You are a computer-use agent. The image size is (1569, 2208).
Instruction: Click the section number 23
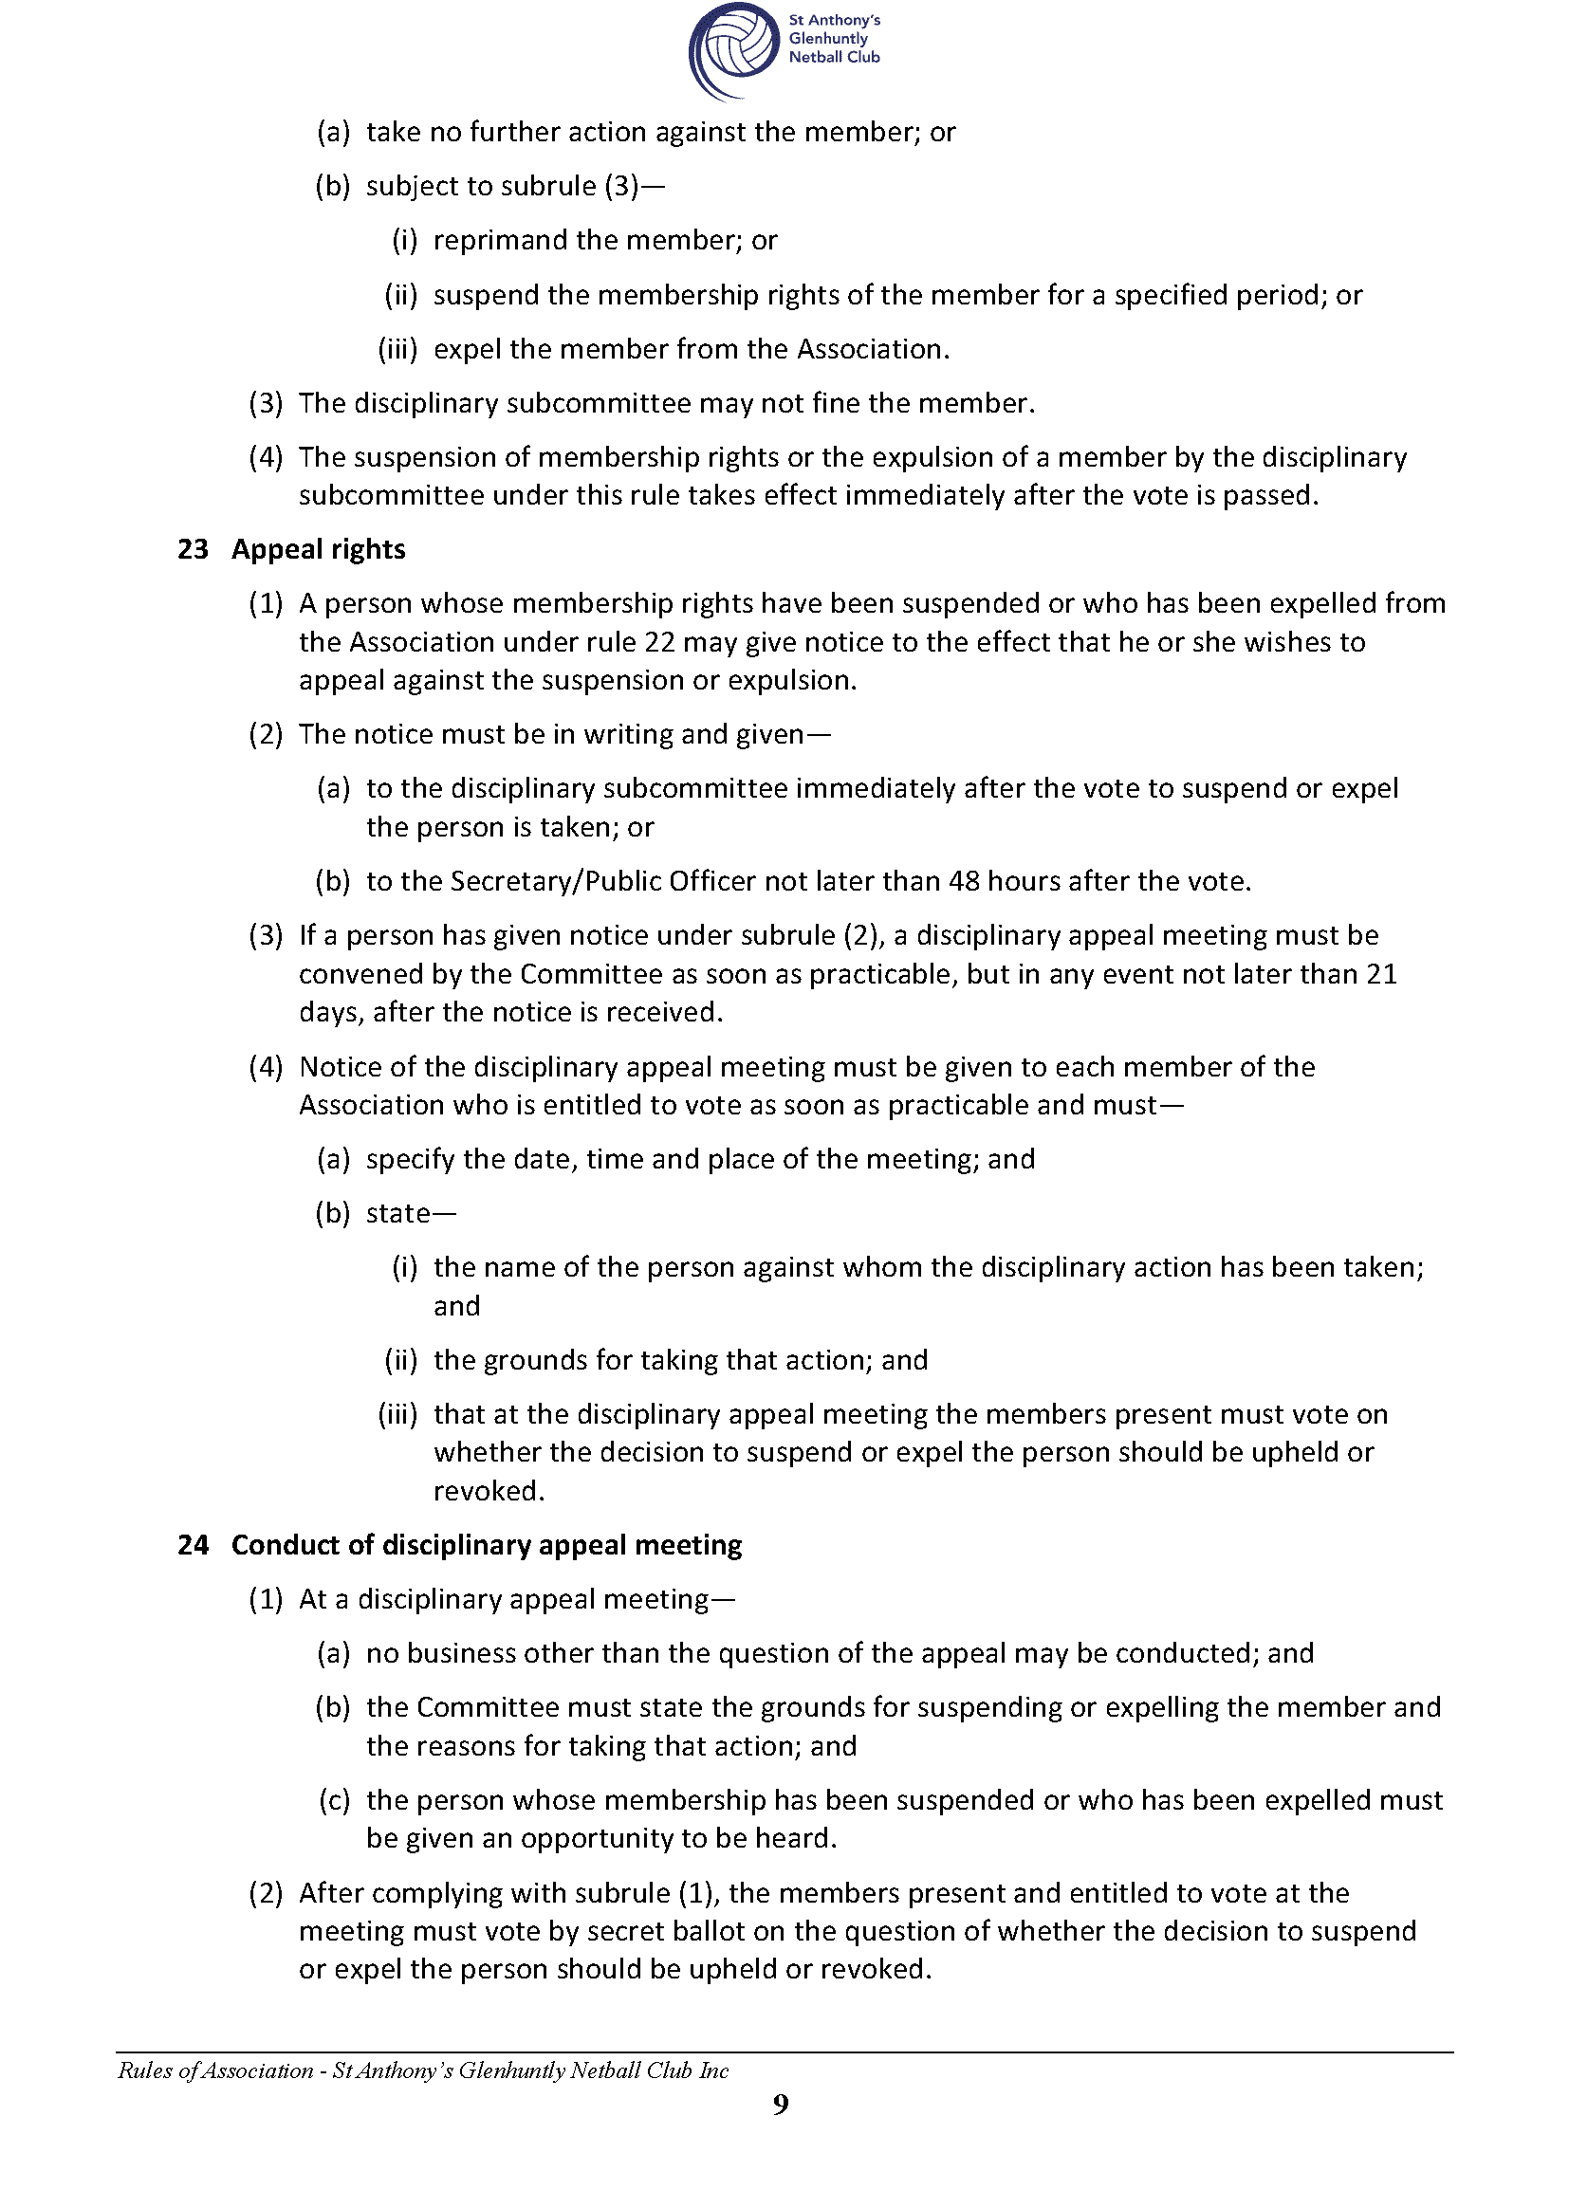194,549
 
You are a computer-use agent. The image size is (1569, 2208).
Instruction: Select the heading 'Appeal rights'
318,549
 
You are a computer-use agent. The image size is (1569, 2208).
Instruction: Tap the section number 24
194,1545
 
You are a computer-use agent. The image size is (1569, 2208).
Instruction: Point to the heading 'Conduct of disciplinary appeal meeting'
486,1545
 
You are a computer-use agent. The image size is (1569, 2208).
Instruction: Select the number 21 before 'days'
1381,974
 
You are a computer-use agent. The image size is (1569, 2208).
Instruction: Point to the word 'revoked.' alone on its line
489,1490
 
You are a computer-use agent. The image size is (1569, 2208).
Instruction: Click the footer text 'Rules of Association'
215,2070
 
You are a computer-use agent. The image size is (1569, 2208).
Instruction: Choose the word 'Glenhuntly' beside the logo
828,39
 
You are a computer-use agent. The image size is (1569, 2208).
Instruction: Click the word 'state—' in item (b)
410,1213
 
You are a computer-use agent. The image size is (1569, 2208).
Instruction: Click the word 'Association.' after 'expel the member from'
874,349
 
